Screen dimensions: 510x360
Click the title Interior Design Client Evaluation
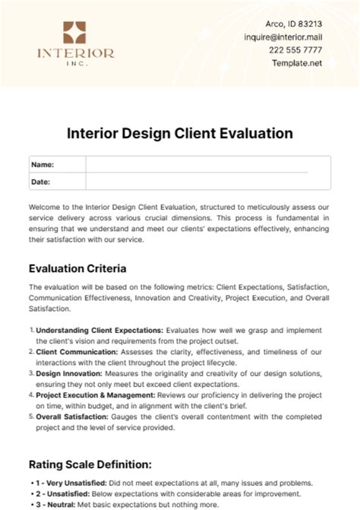180,133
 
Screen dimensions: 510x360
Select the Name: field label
43,164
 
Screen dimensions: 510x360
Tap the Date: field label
42,181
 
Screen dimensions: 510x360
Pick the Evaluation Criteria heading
77,268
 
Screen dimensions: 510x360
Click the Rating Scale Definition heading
90,463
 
